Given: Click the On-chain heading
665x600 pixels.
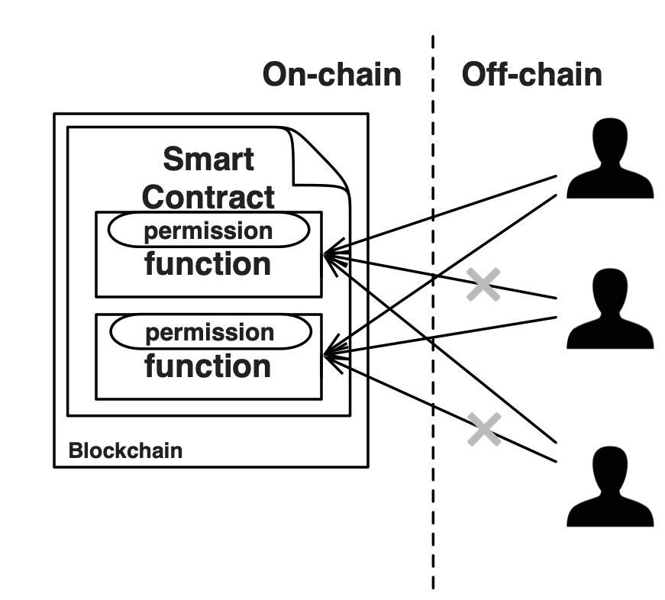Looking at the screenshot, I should (331, 75).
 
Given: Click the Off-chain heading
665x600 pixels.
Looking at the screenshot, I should (531, 75).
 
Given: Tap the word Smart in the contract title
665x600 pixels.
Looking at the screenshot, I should (208, 160).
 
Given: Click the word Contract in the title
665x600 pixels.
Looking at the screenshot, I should (208, 197).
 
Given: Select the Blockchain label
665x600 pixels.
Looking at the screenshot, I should (125, 450).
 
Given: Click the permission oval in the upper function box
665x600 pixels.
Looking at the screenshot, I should (208, 231).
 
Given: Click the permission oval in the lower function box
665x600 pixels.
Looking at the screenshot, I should (211, 333).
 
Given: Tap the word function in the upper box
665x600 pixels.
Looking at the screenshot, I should (208, 264).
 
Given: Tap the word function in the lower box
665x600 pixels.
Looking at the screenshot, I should (208, 366).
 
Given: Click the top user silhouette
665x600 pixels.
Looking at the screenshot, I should (610, 160).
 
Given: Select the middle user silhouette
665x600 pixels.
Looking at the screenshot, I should (610, 309).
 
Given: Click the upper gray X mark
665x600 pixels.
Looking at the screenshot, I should (483, 284).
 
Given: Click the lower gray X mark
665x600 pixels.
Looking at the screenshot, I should (485, 429).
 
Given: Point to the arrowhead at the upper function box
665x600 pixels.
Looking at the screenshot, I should (330, 256).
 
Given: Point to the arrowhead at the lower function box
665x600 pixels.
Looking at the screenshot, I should (330, 353).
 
